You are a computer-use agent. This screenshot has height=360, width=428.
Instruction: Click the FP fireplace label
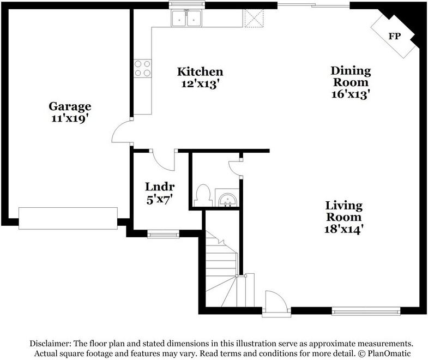click(x=394, y=36)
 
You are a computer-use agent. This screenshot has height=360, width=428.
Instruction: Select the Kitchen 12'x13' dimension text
click(x=200, y=85)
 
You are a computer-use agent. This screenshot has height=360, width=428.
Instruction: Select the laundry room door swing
click(x=162, y=159)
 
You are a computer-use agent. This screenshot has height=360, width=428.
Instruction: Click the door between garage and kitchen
click(x=123, y=133)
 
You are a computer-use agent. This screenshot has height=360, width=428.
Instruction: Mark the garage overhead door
click(x=68, y=218)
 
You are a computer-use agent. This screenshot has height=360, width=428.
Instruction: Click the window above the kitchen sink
click(x=186, y=5)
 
